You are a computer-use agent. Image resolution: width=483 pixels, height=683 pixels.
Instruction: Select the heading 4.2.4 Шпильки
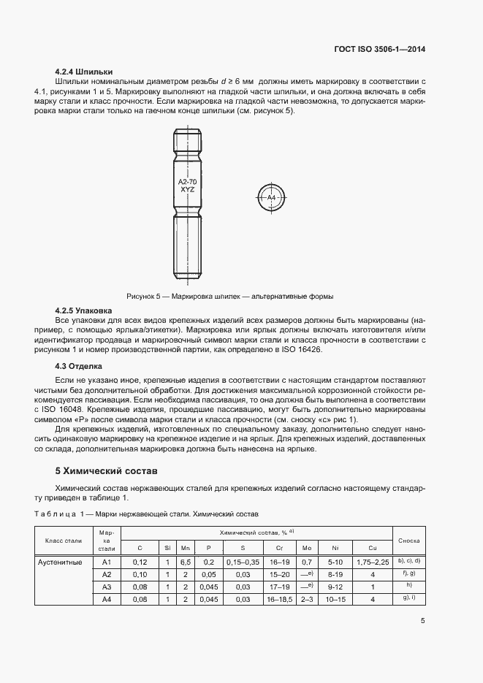pos(84,72)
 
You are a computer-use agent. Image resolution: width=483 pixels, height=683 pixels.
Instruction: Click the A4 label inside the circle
pos(271,197)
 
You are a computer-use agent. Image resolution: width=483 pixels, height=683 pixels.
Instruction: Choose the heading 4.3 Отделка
pos(79,365)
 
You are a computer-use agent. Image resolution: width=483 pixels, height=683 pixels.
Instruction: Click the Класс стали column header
pos(63,541)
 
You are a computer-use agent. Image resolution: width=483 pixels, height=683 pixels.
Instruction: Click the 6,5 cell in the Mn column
pos(186,562)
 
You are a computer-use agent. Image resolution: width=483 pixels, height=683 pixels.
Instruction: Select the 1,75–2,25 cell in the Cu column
pos(372,562)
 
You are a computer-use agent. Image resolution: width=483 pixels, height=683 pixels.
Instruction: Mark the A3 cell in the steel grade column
pos(106,587)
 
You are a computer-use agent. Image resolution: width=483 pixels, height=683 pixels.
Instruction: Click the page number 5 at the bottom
pos(422,622)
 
